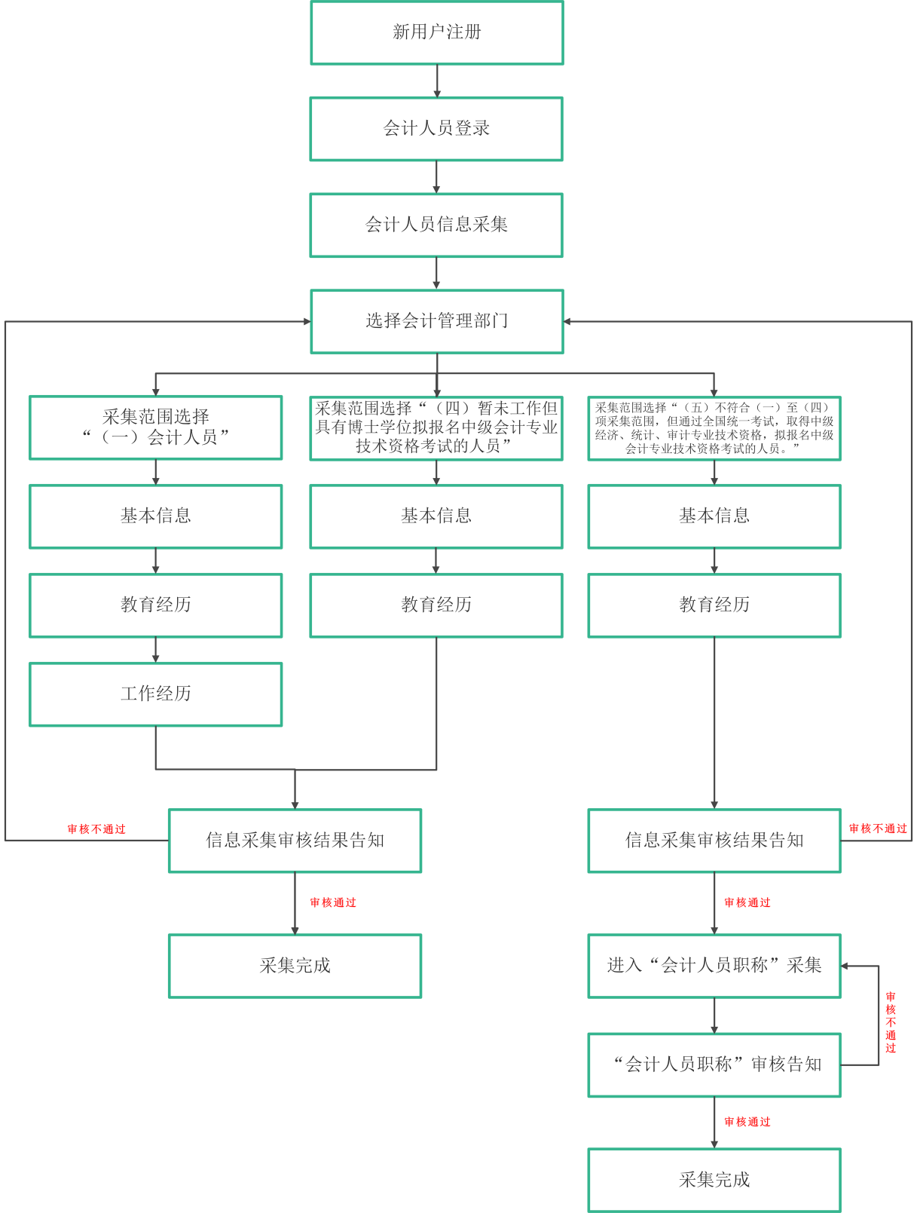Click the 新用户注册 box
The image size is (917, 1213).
click(x=437, y=32)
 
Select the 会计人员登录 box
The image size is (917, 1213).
click(x=436, y=129)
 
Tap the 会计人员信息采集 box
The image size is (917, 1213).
click(x=436, y=225)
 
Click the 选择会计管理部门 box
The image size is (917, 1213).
click(x=437, y=321)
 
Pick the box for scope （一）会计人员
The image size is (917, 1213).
click(x=156, y=427)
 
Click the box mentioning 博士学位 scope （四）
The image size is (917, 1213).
click(x=436, y=427)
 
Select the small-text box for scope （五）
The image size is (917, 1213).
click(x=714, y=427)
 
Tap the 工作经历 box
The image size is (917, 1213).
click(x=156, y=694)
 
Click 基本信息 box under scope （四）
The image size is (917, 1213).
click(x=436, y=516)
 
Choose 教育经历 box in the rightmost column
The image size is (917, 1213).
click(x=714, y=605)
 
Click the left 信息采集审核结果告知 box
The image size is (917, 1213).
click(x=295, y=841)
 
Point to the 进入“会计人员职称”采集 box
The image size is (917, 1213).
click(x=714, y=966)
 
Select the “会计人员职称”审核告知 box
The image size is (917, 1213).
click(x=714, y=1064)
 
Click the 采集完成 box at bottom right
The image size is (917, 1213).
click(x=714, y=1180)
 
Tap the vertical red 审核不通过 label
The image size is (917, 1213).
click(x=891, y=1022)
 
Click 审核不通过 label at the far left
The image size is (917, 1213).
click(x=96, y=829)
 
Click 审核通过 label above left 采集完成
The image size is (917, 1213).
click(x=333, y=902)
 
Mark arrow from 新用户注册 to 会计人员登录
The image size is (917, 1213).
click(x=437, y=81)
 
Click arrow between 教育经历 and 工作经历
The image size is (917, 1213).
click(x=156, y=650)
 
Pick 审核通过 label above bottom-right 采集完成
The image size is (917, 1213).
click(x=747, y=1122)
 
